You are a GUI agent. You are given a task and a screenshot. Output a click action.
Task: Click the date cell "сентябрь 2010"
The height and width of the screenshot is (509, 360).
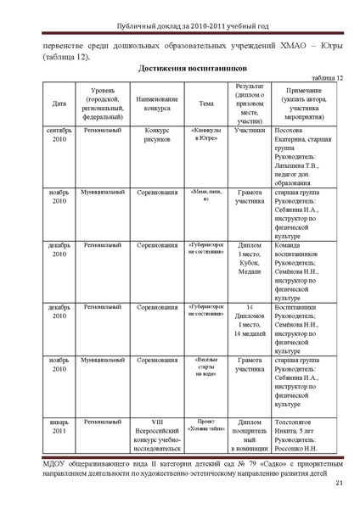[59, 136]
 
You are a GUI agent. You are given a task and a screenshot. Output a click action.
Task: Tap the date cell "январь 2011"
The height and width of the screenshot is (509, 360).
[59, 425]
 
